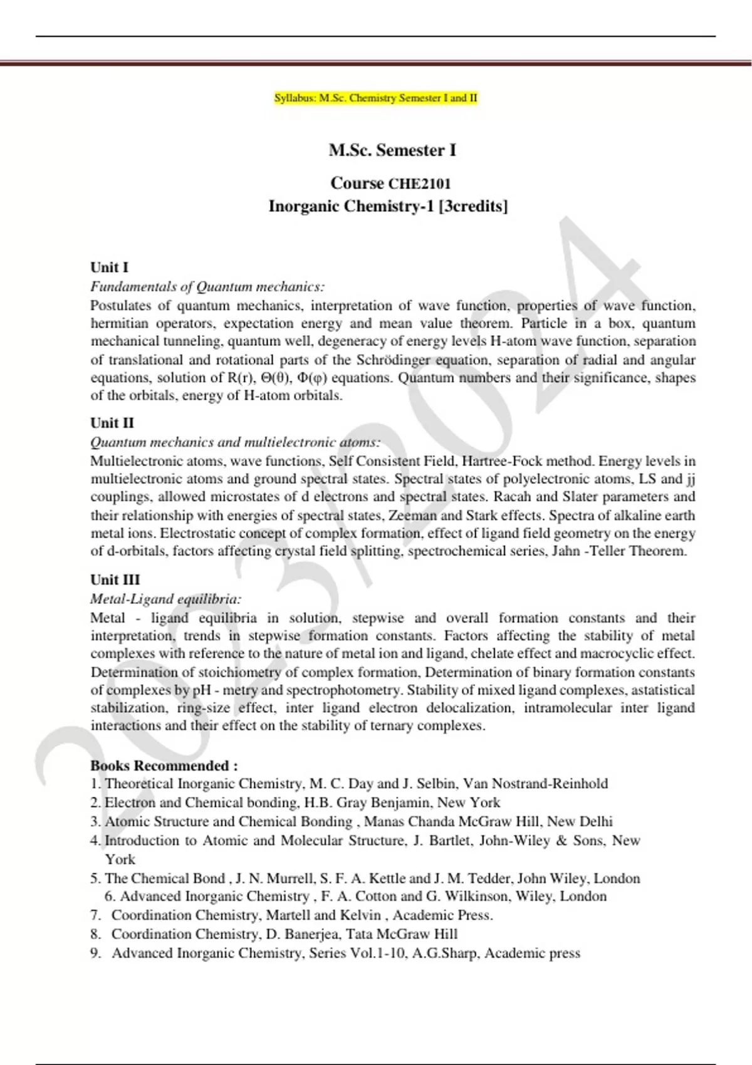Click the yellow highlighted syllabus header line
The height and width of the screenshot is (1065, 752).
tap(376, 98)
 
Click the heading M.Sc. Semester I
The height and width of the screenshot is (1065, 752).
tap(392, 150)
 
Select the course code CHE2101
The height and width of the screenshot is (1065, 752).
tap(419, 184)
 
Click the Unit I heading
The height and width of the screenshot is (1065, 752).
tap(109, 268)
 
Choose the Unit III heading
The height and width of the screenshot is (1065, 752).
tap(115, 579)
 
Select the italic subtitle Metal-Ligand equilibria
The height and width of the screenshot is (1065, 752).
tap(165, 599)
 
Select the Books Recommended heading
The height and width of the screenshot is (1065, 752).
tap(164, 766)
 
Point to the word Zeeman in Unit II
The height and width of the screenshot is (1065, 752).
tap(412, 516)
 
